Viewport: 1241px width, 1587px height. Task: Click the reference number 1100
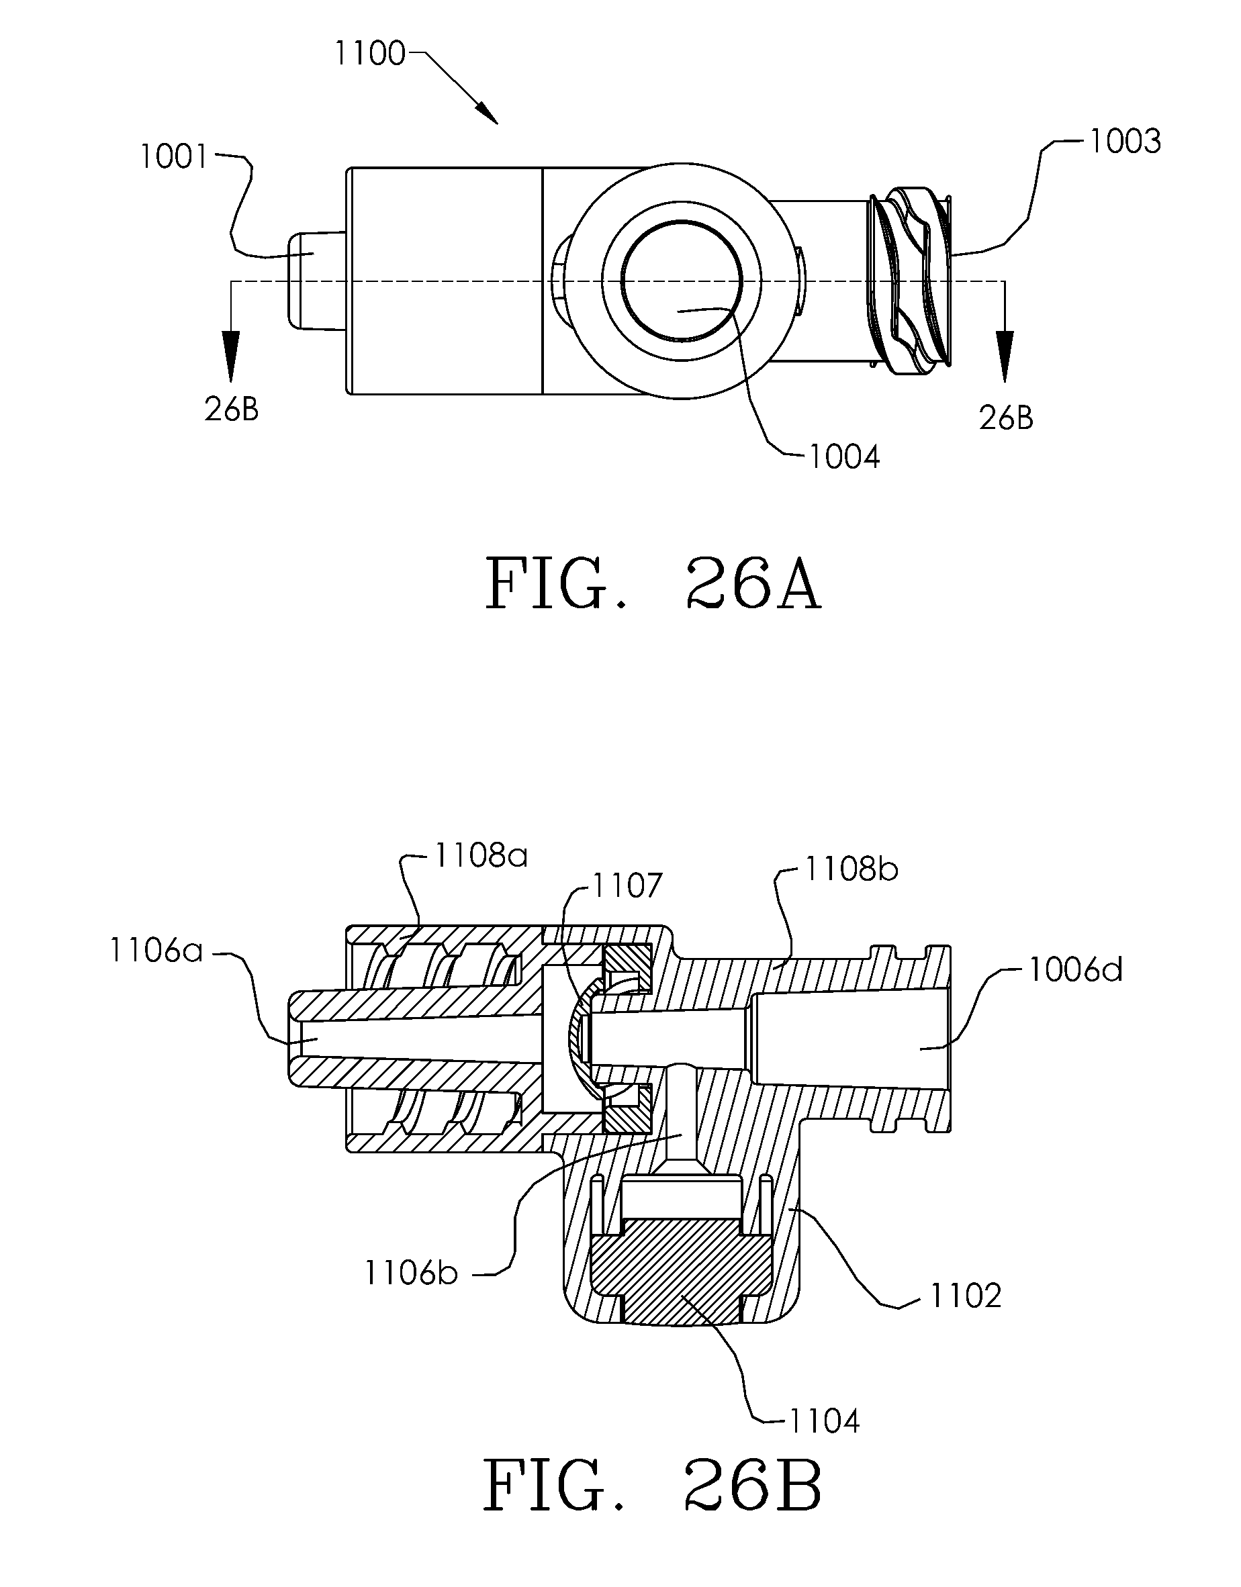click(x=369, y=54)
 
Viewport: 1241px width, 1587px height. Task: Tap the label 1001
click(x=175, y=157)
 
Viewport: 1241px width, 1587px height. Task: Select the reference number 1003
click(x=1125, y=141)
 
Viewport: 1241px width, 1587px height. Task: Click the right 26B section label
click(x=1006, y=418)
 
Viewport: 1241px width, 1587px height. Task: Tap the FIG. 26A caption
click(x=653, y=585)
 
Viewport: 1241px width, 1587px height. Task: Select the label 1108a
click(x=481, y=856)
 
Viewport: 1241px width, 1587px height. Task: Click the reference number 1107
click(x=627, y=885)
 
